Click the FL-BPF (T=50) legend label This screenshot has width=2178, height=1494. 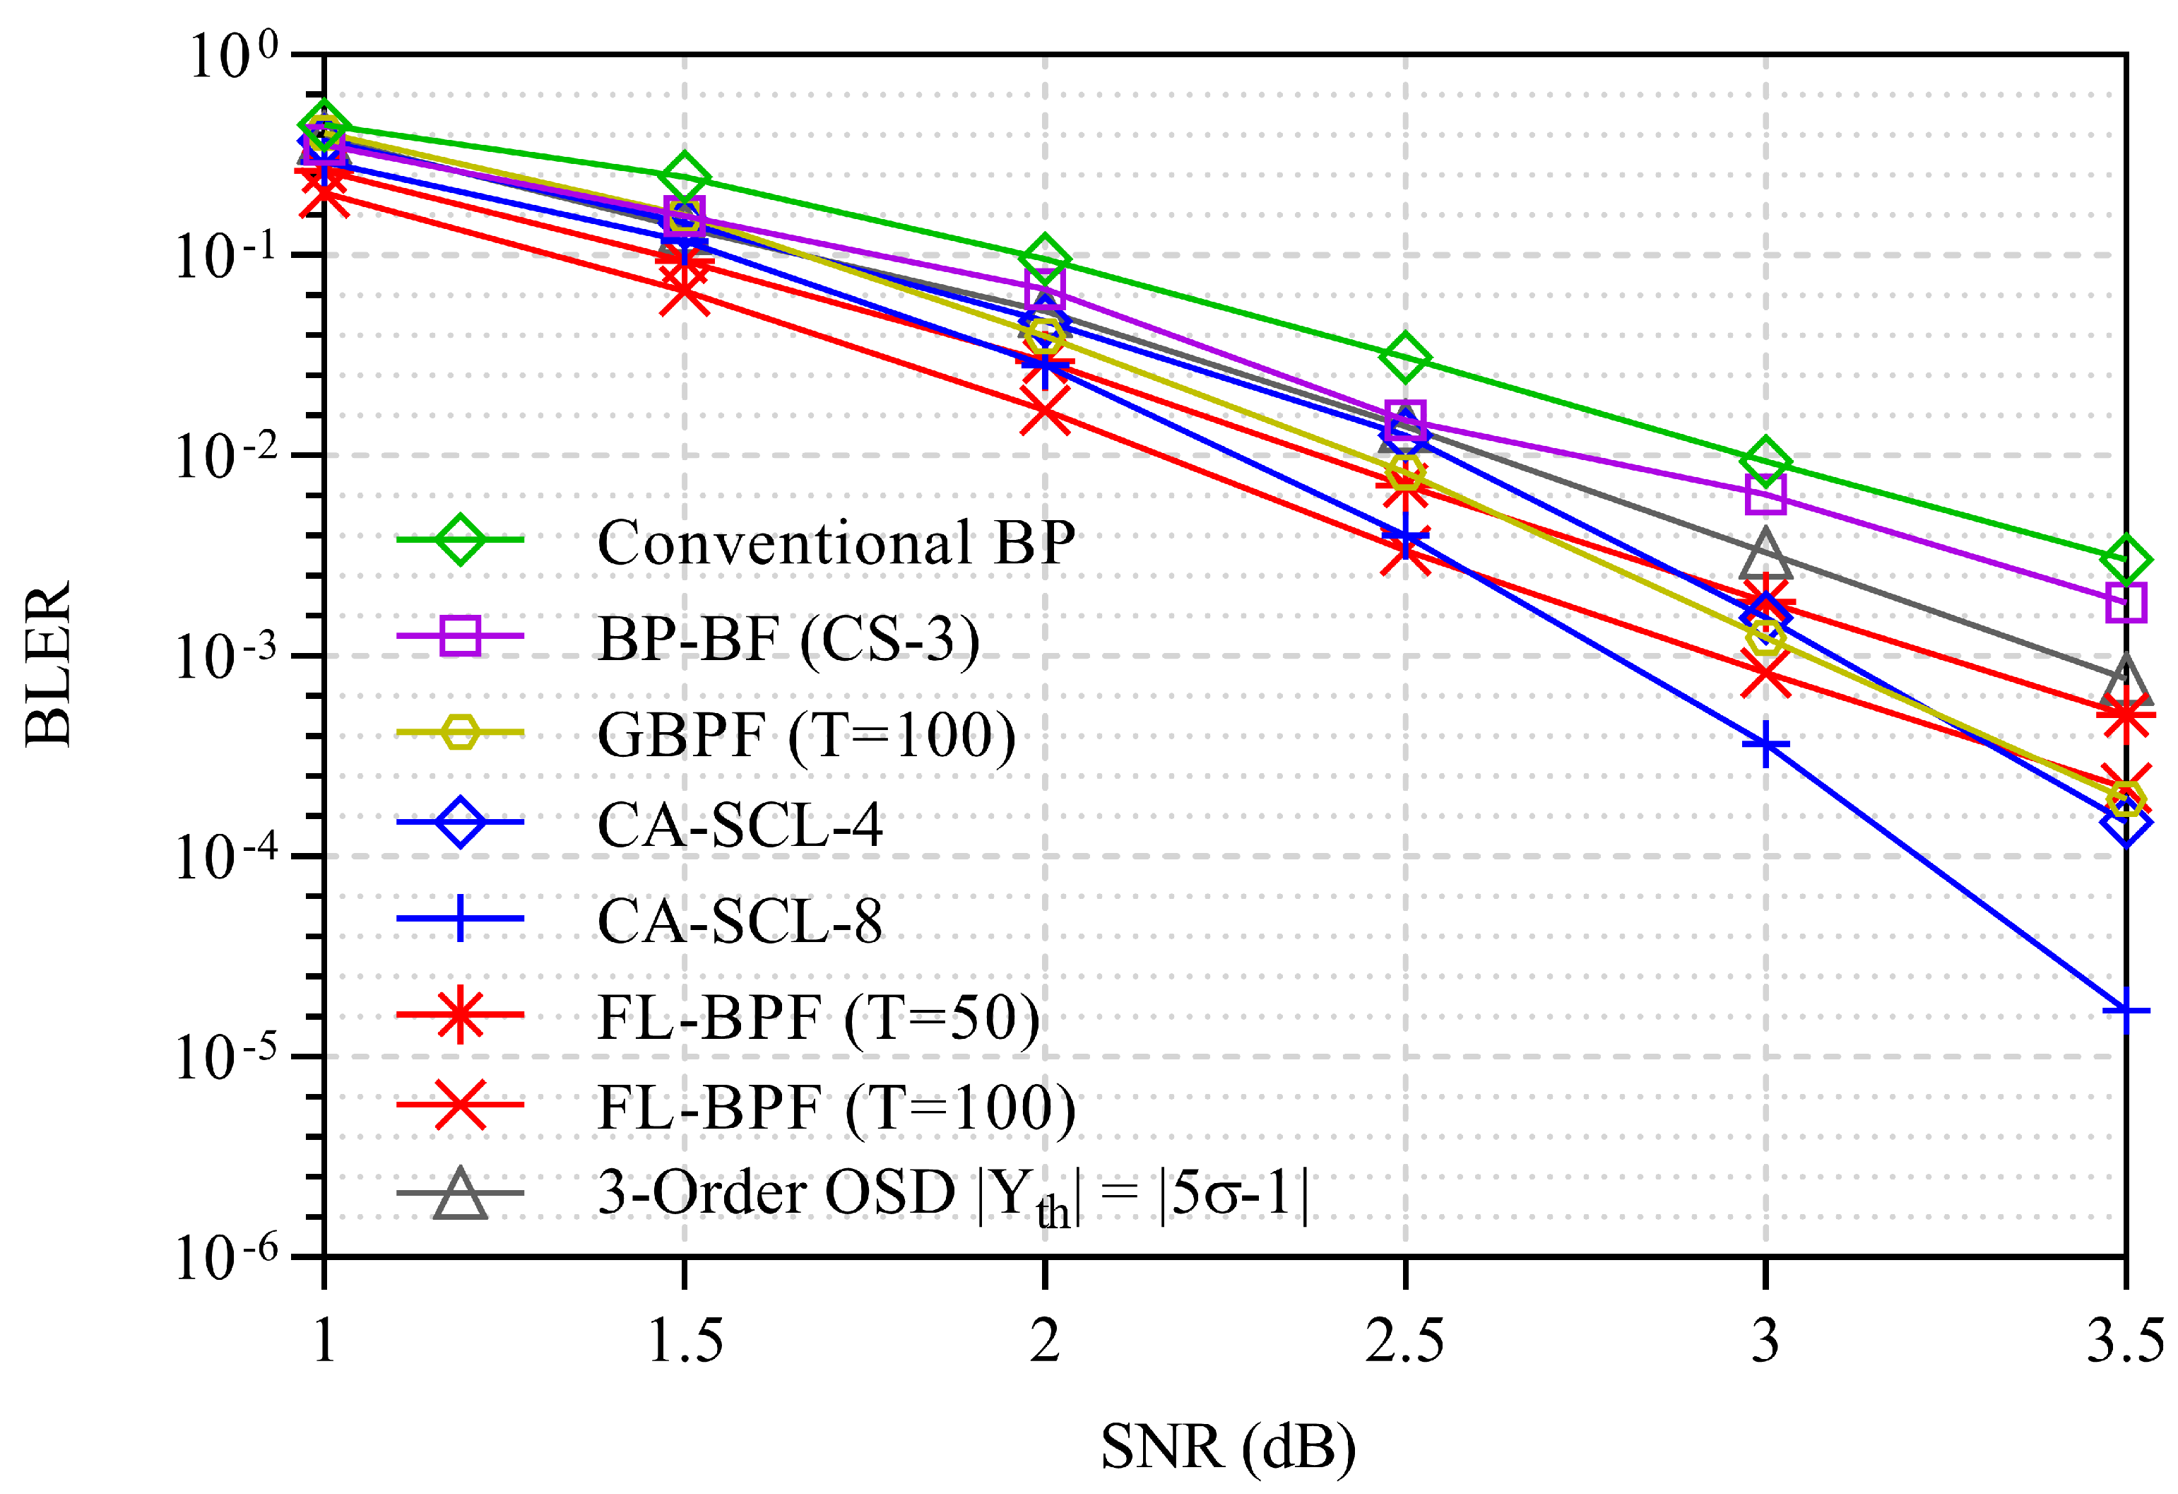pyautogui.click(x=818, y=1017)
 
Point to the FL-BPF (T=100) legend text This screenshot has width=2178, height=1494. pyautogui.click(x=836, y=1108)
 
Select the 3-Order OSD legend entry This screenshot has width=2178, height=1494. pyautogui.click(x=951, y=1194)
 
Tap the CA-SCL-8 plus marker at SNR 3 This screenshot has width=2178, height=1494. pyautogui.click(x=1765, y=745)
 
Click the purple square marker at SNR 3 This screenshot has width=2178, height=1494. pyautogui.click(x=1765, y=494)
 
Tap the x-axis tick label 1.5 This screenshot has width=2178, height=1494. pyautogui.click(x=685, y=1340)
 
